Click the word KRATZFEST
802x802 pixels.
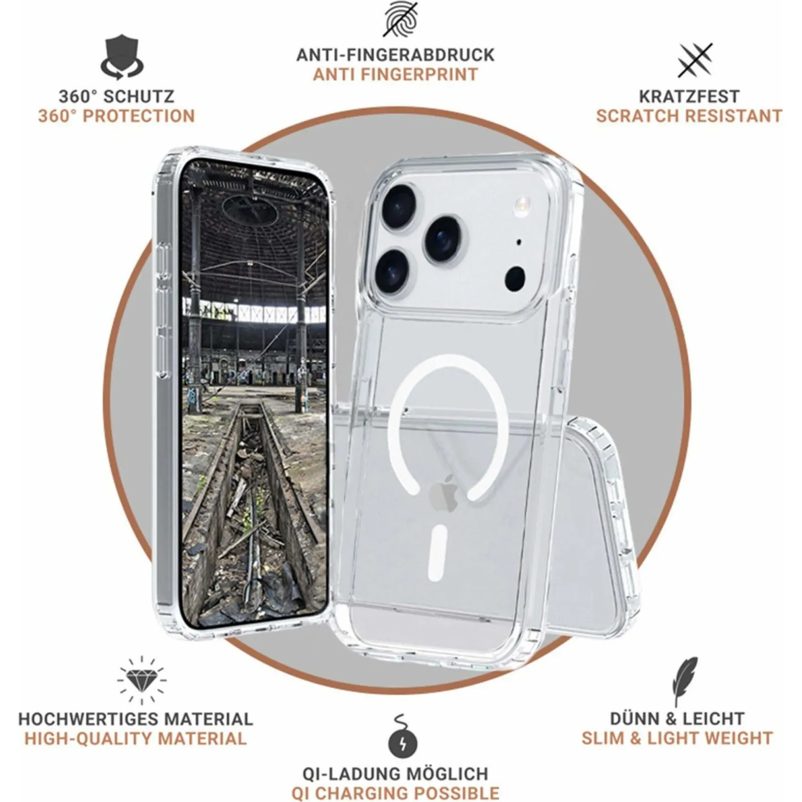click(x=689, y=96)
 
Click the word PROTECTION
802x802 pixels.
click(x=138, y=116)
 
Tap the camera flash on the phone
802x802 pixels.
click(x=521, y=203)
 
